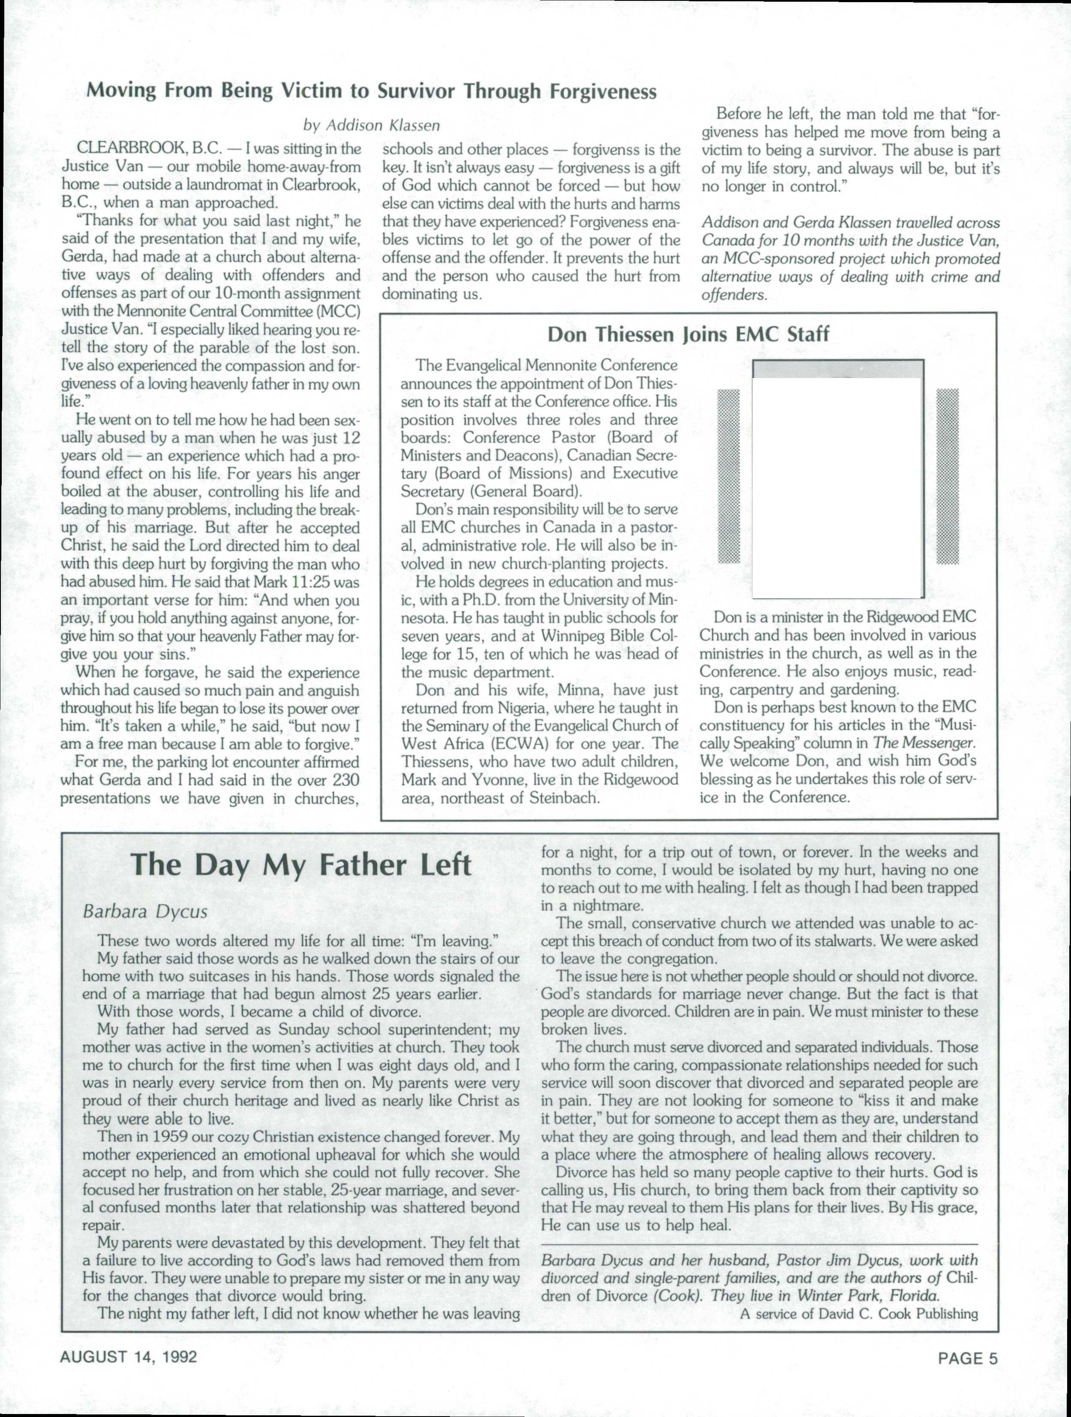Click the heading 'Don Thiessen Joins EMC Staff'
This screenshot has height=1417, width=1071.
point(689,334)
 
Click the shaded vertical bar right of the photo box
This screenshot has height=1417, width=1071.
point(948,475)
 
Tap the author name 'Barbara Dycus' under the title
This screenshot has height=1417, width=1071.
point(145,912)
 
